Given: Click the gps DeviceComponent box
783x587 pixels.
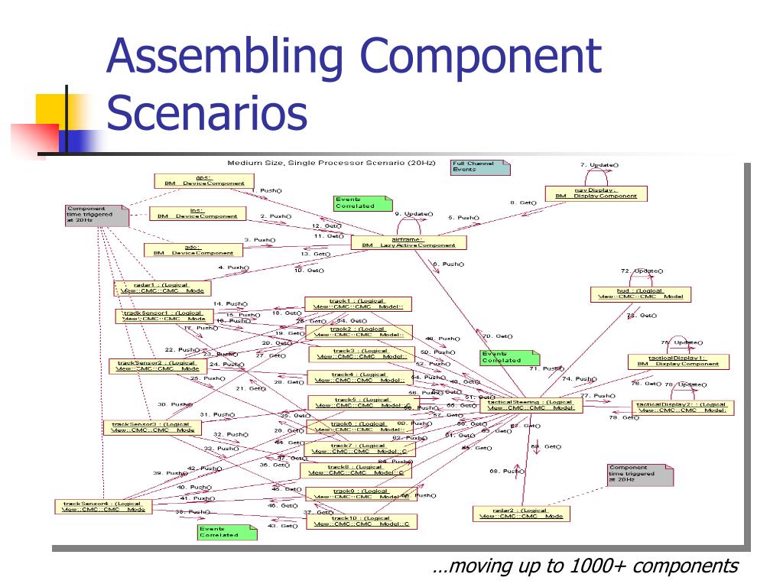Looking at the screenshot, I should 203,180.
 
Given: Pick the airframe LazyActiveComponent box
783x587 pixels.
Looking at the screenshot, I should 408,242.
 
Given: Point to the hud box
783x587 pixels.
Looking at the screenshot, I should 641,293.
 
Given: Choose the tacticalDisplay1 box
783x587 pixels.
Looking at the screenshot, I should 678,361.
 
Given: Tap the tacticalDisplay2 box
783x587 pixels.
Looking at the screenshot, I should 683,407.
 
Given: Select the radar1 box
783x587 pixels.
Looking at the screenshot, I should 163,287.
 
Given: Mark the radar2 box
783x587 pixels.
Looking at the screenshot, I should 521,513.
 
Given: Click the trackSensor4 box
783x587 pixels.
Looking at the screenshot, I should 103,506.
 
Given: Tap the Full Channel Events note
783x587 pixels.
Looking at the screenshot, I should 479,167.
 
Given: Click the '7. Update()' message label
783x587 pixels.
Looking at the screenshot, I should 599,165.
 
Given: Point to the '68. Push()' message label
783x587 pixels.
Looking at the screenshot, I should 506,471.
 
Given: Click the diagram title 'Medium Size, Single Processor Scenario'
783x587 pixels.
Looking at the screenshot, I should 330,164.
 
